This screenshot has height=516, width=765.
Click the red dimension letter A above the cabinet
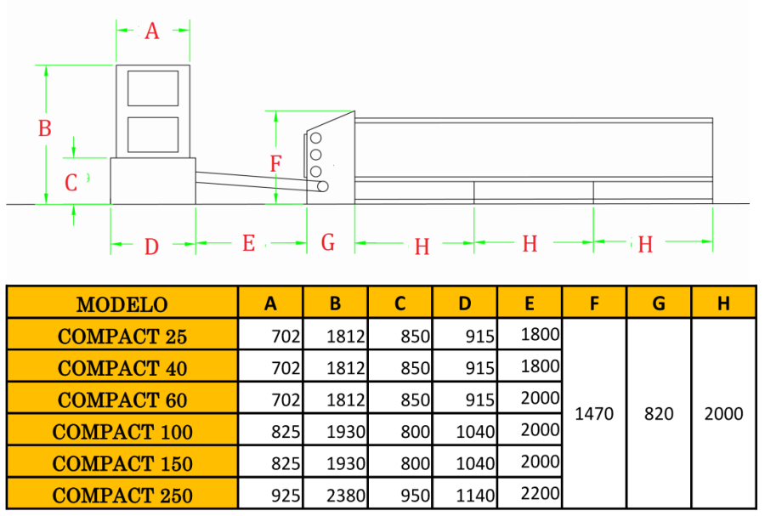(152, 31)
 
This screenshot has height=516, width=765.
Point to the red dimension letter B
(45, 128)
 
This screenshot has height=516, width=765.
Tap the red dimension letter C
(71, 182)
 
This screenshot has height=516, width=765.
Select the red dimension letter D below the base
(151, 247)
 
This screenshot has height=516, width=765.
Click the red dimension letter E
(248, 244)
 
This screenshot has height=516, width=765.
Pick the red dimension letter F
(275, 164)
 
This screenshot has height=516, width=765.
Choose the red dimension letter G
(328, 242)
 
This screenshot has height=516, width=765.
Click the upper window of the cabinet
(153, 88)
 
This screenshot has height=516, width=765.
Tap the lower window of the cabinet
(153, 134)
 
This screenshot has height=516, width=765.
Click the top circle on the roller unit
(316, 138)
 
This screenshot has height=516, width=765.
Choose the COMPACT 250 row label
(122, 496)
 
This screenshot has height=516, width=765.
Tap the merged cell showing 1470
(594, 414)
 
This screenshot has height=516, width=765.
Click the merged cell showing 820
(659, 414)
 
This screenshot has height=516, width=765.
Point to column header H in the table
(723, 303)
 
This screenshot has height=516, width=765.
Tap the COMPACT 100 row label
(122, 432)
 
